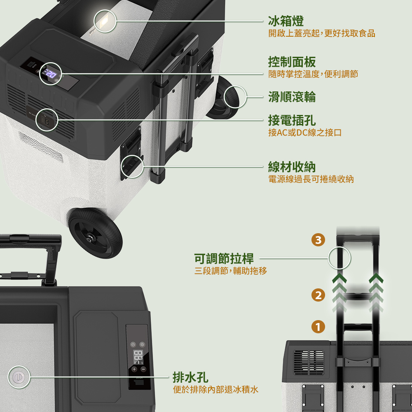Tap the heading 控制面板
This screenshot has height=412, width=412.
tap(292, 62)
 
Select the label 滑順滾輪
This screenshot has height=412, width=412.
tap(292, 97)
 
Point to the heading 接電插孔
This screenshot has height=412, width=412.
tap(292, 120)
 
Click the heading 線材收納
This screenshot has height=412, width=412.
tap(292, 167)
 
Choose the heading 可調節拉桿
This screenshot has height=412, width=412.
tap(224, 259)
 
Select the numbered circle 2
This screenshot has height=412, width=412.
tap(318, 295)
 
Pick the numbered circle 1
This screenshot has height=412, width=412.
tap(318, 327)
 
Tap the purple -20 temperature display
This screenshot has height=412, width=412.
tap(51, 74)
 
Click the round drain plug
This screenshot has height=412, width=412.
tap(19, 377)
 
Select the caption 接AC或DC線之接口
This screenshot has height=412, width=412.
tap(305, 133)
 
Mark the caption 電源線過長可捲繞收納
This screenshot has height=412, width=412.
tap(311, 179)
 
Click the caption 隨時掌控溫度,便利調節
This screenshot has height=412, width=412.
tap(313, 74)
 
